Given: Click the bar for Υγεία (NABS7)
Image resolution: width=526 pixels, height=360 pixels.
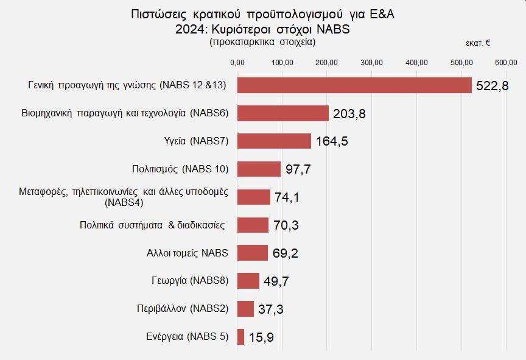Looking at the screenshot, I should pyautogui.click(x=274, y=141).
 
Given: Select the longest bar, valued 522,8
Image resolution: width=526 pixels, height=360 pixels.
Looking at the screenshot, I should pyautogui.click(x=354, y=85).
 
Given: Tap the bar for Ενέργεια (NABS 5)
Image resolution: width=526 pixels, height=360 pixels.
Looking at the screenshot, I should pyautogui.click(x=240, y=337).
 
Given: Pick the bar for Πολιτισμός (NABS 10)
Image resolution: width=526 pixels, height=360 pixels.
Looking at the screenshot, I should pyautogui.click(x=259, y=169).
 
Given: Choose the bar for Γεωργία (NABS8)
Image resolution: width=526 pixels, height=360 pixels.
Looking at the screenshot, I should pyautogui.click(x=248, y=281).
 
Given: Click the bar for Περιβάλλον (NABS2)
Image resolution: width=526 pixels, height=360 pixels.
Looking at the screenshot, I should pyautogui.click(x=245, y=309).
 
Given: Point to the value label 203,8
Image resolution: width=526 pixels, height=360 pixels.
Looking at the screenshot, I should pyautogui.click(x=349, y=114).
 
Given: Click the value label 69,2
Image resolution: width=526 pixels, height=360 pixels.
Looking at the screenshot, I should pyautogui.click(x=285, y=253).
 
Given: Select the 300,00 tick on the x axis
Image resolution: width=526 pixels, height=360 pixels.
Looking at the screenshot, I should pyautogui.click(x=371, y=62).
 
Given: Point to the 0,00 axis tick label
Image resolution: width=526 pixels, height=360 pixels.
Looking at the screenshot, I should pyautogui.click(x=237, y=62).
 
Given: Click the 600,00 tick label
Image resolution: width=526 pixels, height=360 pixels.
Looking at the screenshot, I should pyautogui.click(x=506, y=62).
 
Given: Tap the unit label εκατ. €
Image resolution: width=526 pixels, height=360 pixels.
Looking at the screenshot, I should pyautogui.click(x=479, y=43).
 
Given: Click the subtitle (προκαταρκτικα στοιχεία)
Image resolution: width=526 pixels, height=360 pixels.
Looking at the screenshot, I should pyautogui.click(x=262, y=42).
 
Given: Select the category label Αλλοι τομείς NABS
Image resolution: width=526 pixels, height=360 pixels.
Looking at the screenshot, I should pyautogui.click(x=188, y=253).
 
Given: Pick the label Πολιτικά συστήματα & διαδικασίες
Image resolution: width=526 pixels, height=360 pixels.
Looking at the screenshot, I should pyautogui.click(x=153, y=225).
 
